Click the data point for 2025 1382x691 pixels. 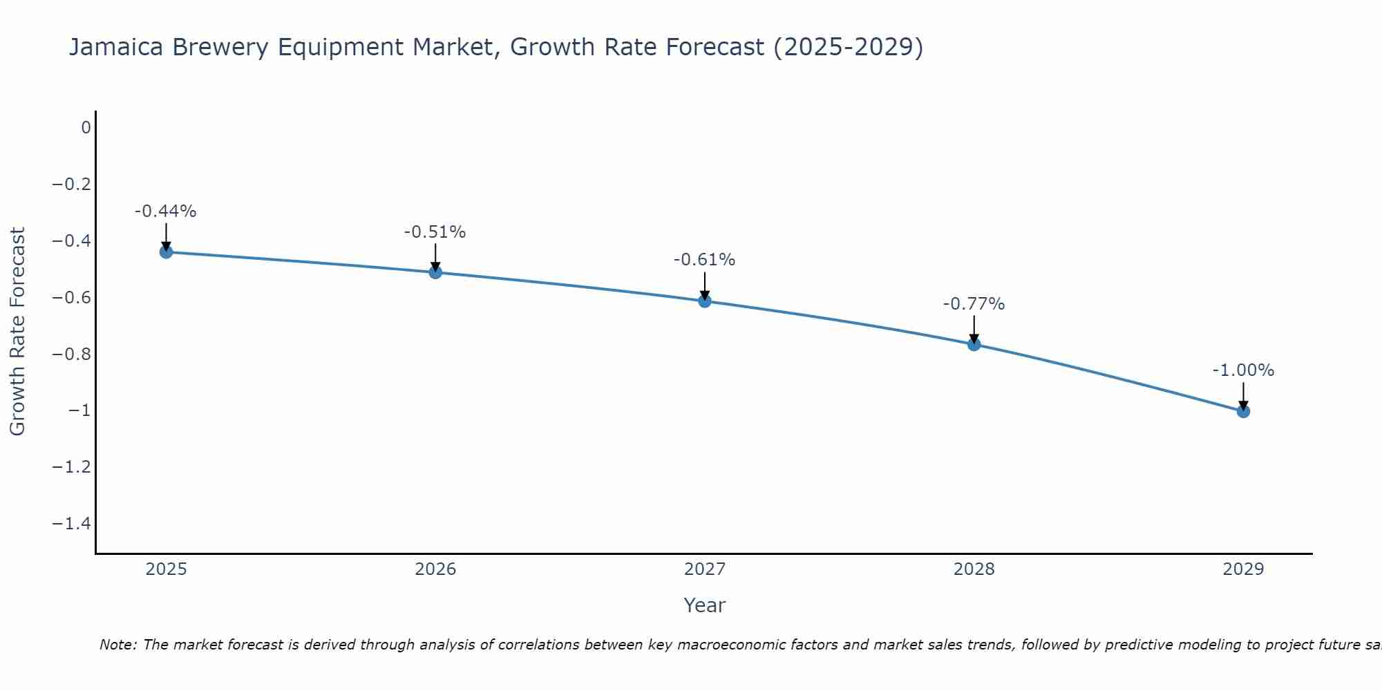point(166,252)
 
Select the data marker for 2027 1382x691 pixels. point(705,301)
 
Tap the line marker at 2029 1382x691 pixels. point(1243,411)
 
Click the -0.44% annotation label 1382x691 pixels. point(165,211)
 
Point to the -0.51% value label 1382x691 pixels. point(435,232)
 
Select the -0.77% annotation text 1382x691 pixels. point(974,304)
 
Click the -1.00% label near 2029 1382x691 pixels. point(1243,370)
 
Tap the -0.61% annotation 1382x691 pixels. point(704,260)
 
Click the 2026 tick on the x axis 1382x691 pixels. point(435,569)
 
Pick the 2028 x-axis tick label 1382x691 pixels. point(974,569)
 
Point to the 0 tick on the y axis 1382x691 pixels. point(86,128)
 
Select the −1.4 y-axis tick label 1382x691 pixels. point(71,524)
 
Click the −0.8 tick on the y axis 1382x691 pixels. point(71,354)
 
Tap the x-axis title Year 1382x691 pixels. point(704,606)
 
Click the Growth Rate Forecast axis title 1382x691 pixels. point(17,332)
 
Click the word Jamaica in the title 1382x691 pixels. point(116,48)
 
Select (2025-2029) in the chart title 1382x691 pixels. point(848,48)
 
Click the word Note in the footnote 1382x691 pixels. point(117,645)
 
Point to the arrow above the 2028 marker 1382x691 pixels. point(974,329)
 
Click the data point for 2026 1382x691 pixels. point(435,272)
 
